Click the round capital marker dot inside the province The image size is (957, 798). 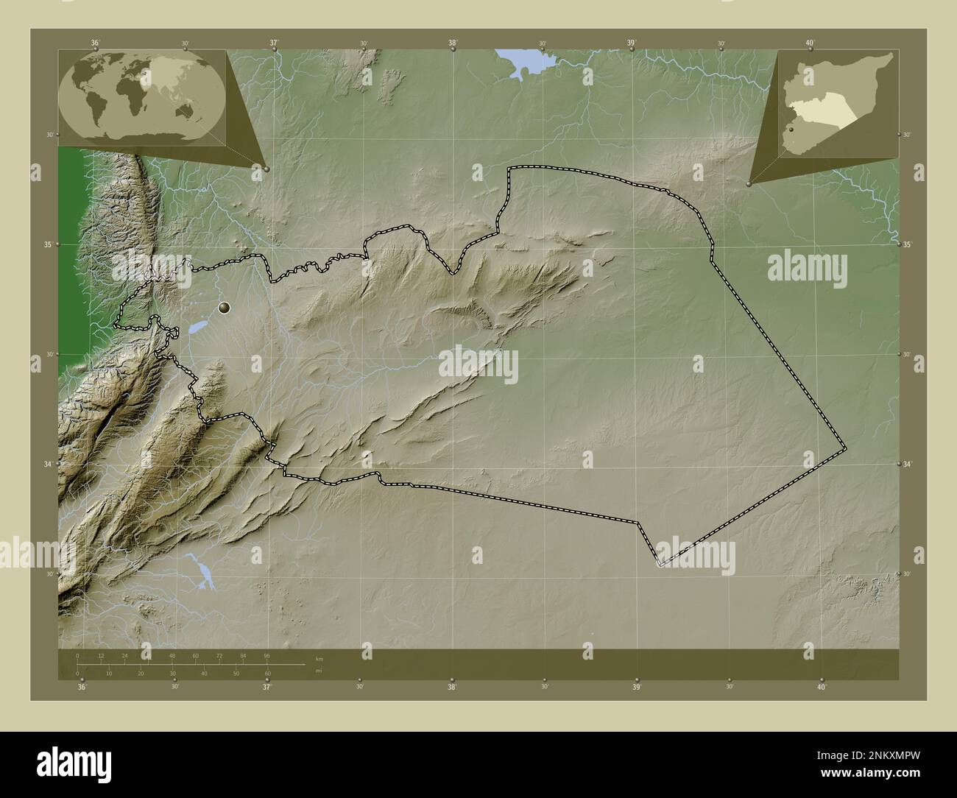pyautogui.click(x=225, y=308)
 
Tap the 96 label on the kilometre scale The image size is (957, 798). pyautogui.click(x=266, y=655)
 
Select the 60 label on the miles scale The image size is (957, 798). pyautogui.click(x=268, y=673)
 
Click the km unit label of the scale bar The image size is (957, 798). pyautogui.click(x=319, y=658)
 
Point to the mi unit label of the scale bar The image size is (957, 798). pyautogui.click(x=318, y=671)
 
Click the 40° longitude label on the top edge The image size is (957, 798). pyautogui.click(x=810, y=43)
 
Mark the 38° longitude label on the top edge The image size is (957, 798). pyautogui.click(x=453, y=43)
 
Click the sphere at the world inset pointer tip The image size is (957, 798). pyautogui.click(x=266, y=169)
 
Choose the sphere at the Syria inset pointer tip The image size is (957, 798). pyautogui.click(x=749, y=184)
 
